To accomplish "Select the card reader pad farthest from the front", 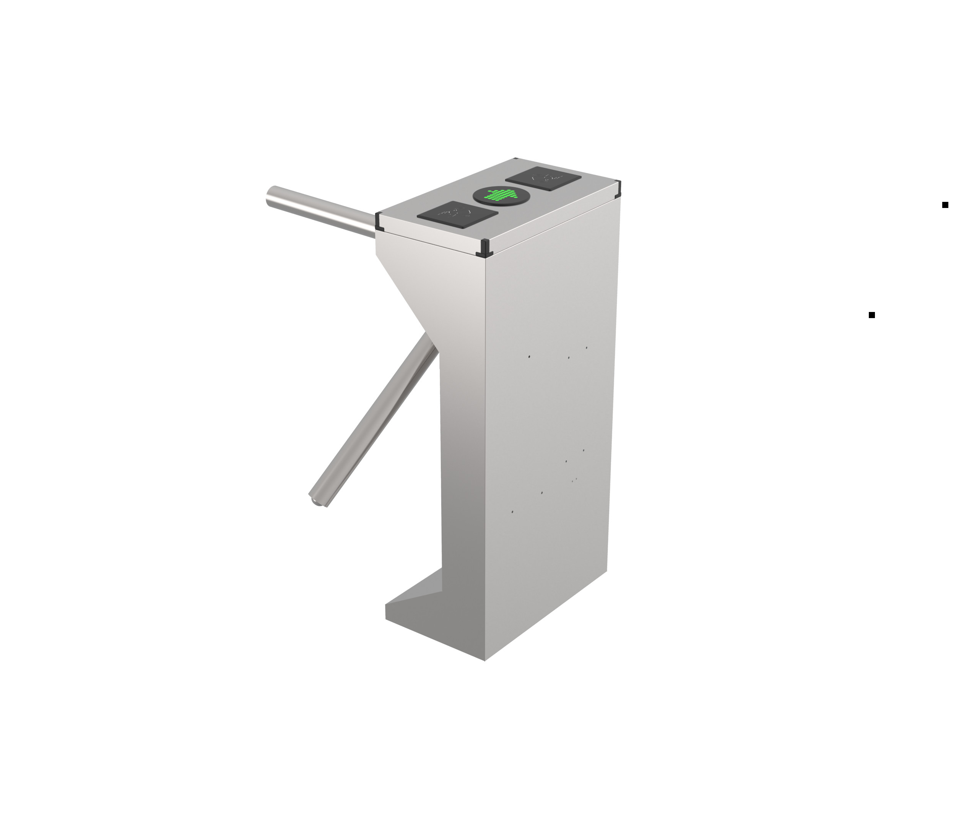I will (x=543, y=178).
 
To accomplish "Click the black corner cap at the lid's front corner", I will (x=484, y=248).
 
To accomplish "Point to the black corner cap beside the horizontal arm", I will (x=379, y=221).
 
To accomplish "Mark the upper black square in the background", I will (x=945, y=205).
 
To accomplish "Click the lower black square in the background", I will (x=871, y=315).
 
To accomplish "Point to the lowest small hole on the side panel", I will (x=512, y=512).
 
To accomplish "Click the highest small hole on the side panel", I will (x=587, y=348).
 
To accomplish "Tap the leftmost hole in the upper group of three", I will (x=529, y=357).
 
